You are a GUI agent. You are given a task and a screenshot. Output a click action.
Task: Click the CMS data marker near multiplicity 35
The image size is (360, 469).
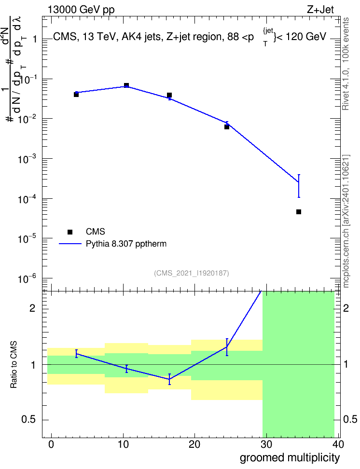point(298,212)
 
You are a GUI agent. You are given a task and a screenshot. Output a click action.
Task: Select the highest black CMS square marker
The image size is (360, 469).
point(126,85)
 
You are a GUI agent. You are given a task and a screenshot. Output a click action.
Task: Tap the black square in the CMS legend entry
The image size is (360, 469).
point(70,232)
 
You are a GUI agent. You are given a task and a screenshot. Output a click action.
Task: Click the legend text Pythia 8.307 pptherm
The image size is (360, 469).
point(126,244)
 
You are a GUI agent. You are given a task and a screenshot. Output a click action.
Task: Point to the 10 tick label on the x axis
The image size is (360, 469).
point(123,444)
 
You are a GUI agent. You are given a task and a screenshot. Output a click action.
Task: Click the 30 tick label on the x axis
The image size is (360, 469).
point(266,444)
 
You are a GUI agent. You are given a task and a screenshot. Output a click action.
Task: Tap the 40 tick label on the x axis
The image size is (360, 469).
point(338,444)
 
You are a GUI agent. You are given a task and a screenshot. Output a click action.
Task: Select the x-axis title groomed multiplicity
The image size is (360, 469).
point(290,458)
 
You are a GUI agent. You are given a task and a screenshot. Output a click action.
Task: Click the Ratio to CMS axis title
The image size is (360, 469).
point(14,365)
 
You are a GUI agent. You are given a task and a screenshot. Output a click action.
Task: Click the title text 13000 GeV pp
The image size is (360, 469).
point(81,10)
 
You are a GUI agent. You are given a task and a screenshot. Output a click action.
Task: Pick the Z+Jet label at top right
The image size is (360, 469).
point(320,10)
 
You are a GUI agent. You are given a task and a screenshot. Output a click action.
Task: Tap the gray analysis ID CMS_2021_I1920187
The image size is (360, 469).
point(192,273)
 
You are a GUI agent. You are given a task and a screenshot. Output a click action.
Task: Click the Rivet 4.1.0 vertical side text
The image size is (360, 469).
point(346,64)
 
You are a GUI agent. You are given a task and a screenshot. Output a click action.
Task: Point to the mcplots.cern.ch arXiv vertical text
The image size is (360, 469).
point(346,221)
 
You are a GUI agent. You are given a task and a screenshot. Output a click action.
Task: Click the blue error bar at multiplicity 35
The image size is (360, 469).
point(299,186)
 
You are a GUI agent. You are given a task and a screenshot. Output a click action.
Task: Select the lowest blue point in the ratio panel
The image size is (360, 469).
point(169,379)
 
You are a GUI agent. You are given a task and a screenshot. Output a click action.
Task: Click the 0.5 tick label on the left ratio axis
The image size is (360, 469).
point(28,420)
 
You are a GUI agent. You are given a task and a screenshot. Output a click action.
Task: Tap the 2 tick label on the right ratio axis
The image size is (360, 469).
point(346,308)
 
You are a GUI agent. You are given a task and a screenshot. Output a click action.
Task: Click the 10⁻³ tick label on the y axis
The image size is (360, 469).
point(27,159)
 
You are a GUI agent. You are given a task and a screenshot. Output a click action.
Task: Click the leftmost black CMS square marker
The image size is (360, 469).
point(76,95)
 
